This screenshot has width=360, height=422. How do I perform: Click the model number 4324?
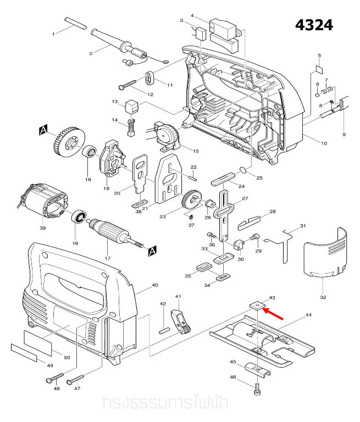pyautogui.click(x=314, y=25)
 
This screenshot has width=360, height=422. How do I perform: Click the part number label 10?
pyautogui.click(x=324, y=143)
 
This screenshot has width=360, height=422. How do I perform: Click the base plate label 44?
pyautogui.click(x=308, y=315)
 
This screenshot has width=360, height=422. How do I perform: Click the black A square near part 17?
pyautogui.click(x=152, y=251)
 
